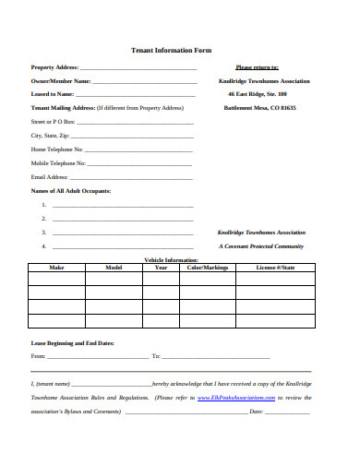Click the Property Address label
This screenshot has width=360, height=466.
coord(54,67)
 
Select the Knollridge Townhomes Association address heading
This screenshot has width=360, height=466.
coord(258,81)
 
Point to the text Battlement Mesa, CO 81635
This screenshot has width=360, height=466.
coord(260,108)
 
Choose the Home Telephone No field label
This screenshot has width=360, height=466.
coord(57,149)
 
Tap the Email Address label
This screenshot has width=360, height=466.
coord(50,176)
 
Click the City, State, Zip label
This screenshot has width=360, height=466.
coord(50,135)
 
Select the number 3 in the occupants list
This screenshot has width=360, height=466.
coord(43,233)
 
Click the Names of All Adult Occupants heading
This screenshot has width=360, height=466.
coord(71,190)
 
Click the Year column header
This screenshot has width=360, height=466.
coord(161,268)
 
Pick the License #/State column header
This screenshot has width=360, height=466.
coord(276,268)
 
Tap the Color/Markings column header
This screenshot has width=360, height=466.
coord(208,268)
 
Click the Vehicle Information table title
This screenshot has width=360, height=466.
coord(171,259)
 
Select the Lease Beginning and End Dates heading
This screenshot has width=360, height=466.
coord(73,342)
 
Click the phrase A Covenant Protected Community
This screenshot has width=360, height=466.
coord(261,246)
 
